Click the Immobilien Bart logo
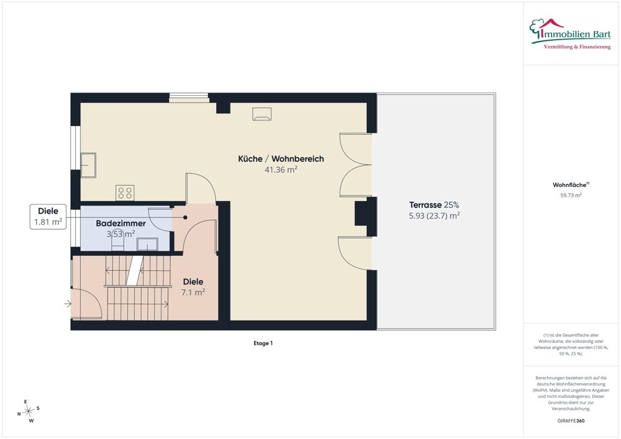pyautogui.click(x=570, y=34)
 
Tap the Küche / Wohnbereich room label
pyautogui.click(x=281, y=159)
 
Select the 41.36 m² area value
pyautogui.click(x=281, y=170)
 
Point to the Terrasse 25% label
pyautogui.click(x=434, y=205)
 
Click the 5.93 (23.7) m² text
pyautogui.click(x=434, y=215)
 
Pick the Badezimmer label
pyautogui.click(x=121, y=224)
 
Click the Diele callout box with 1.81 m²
pyautogui.click(x=48, y=217)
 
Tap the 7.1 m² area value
pyautogui.click(x=193, y=292)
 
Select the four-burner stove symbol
pyautogui.click(x=125, y=192)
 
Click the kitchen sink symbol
pyautogui.click(x=88, y=165)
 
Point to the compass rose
pyautogui.click(x=29, y=412)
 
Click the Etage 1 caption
pyautogui.click(x=263, y=343)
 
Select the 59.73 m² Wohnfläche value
pyautogui.click(x=571, y=195)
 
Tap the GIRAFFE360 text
pyautogui.click(x=571, y=421)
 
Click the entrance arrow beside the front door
pyautogui.click(x=68, y=304)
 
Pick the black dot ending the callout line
pyautogui.click(x=185, y=217)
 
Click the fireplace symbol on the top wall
pyautogui.click(x=262, y=114)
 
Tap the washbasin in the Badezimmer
pyautogui.click(x=147, y=244)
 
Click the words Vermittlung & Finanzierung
pyautogui.click(x=577, y=47)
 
